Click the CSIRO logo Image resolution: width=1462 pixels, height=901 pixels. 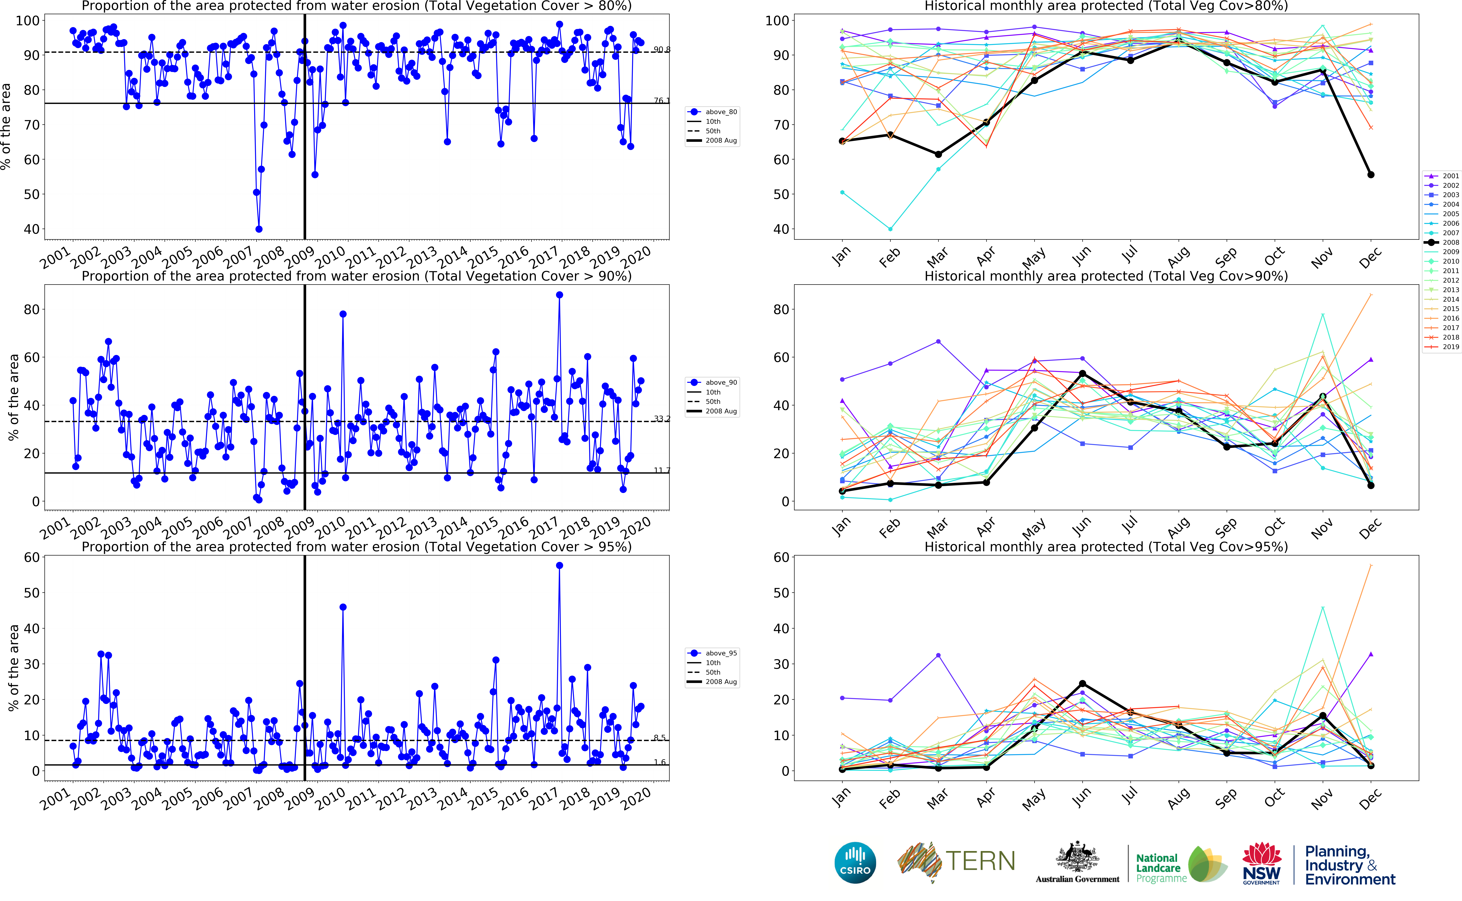(x=855, y=862)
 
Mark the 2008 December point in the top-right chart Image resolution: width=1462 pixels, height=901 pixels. (x=1371, y=175)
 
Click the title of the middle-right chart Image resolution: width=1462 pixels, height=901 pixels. (x=1106, y=276)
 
